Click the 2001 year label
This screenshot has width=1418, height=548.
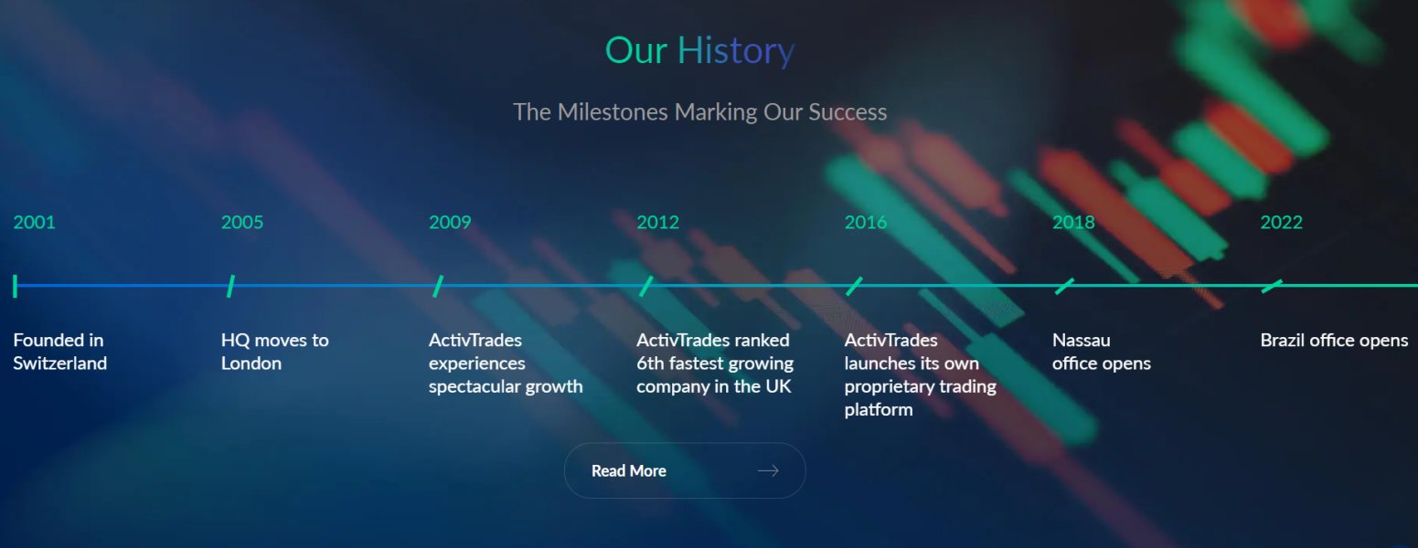[34, 223]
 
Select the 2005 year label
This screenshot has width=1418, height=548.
[242, 223]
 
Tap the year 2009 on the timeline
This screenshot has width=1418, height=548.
[450, 223]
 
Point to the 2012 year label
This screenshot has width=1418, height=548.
[657, 223]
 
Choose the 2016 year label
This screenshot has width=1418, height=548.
[866, 223]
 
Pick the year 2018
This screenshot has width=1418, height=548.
[1073, 223]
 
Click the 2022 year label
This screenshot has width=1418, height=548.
[1281, 223]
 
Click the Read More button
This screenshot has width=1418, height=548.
[685, 471]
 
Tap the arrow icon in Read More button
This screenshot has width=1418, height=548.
[768, 471]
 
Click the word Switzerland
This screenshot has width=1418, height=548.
[60, 364]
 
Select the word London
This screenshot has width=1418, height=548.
[251, 364]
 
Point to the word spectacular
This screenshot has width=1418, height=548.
[478, 387]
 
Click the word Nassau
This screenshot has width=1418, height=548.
[1082, 341]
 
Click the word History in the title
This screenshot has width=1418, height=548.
[736, 50]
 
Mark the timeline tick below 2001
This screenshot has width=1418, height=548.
[16, 286]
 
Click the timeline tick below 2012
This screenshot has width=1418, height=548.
[645, 286]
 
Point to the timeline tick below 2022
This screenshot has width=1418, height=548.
[1272, 286]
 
